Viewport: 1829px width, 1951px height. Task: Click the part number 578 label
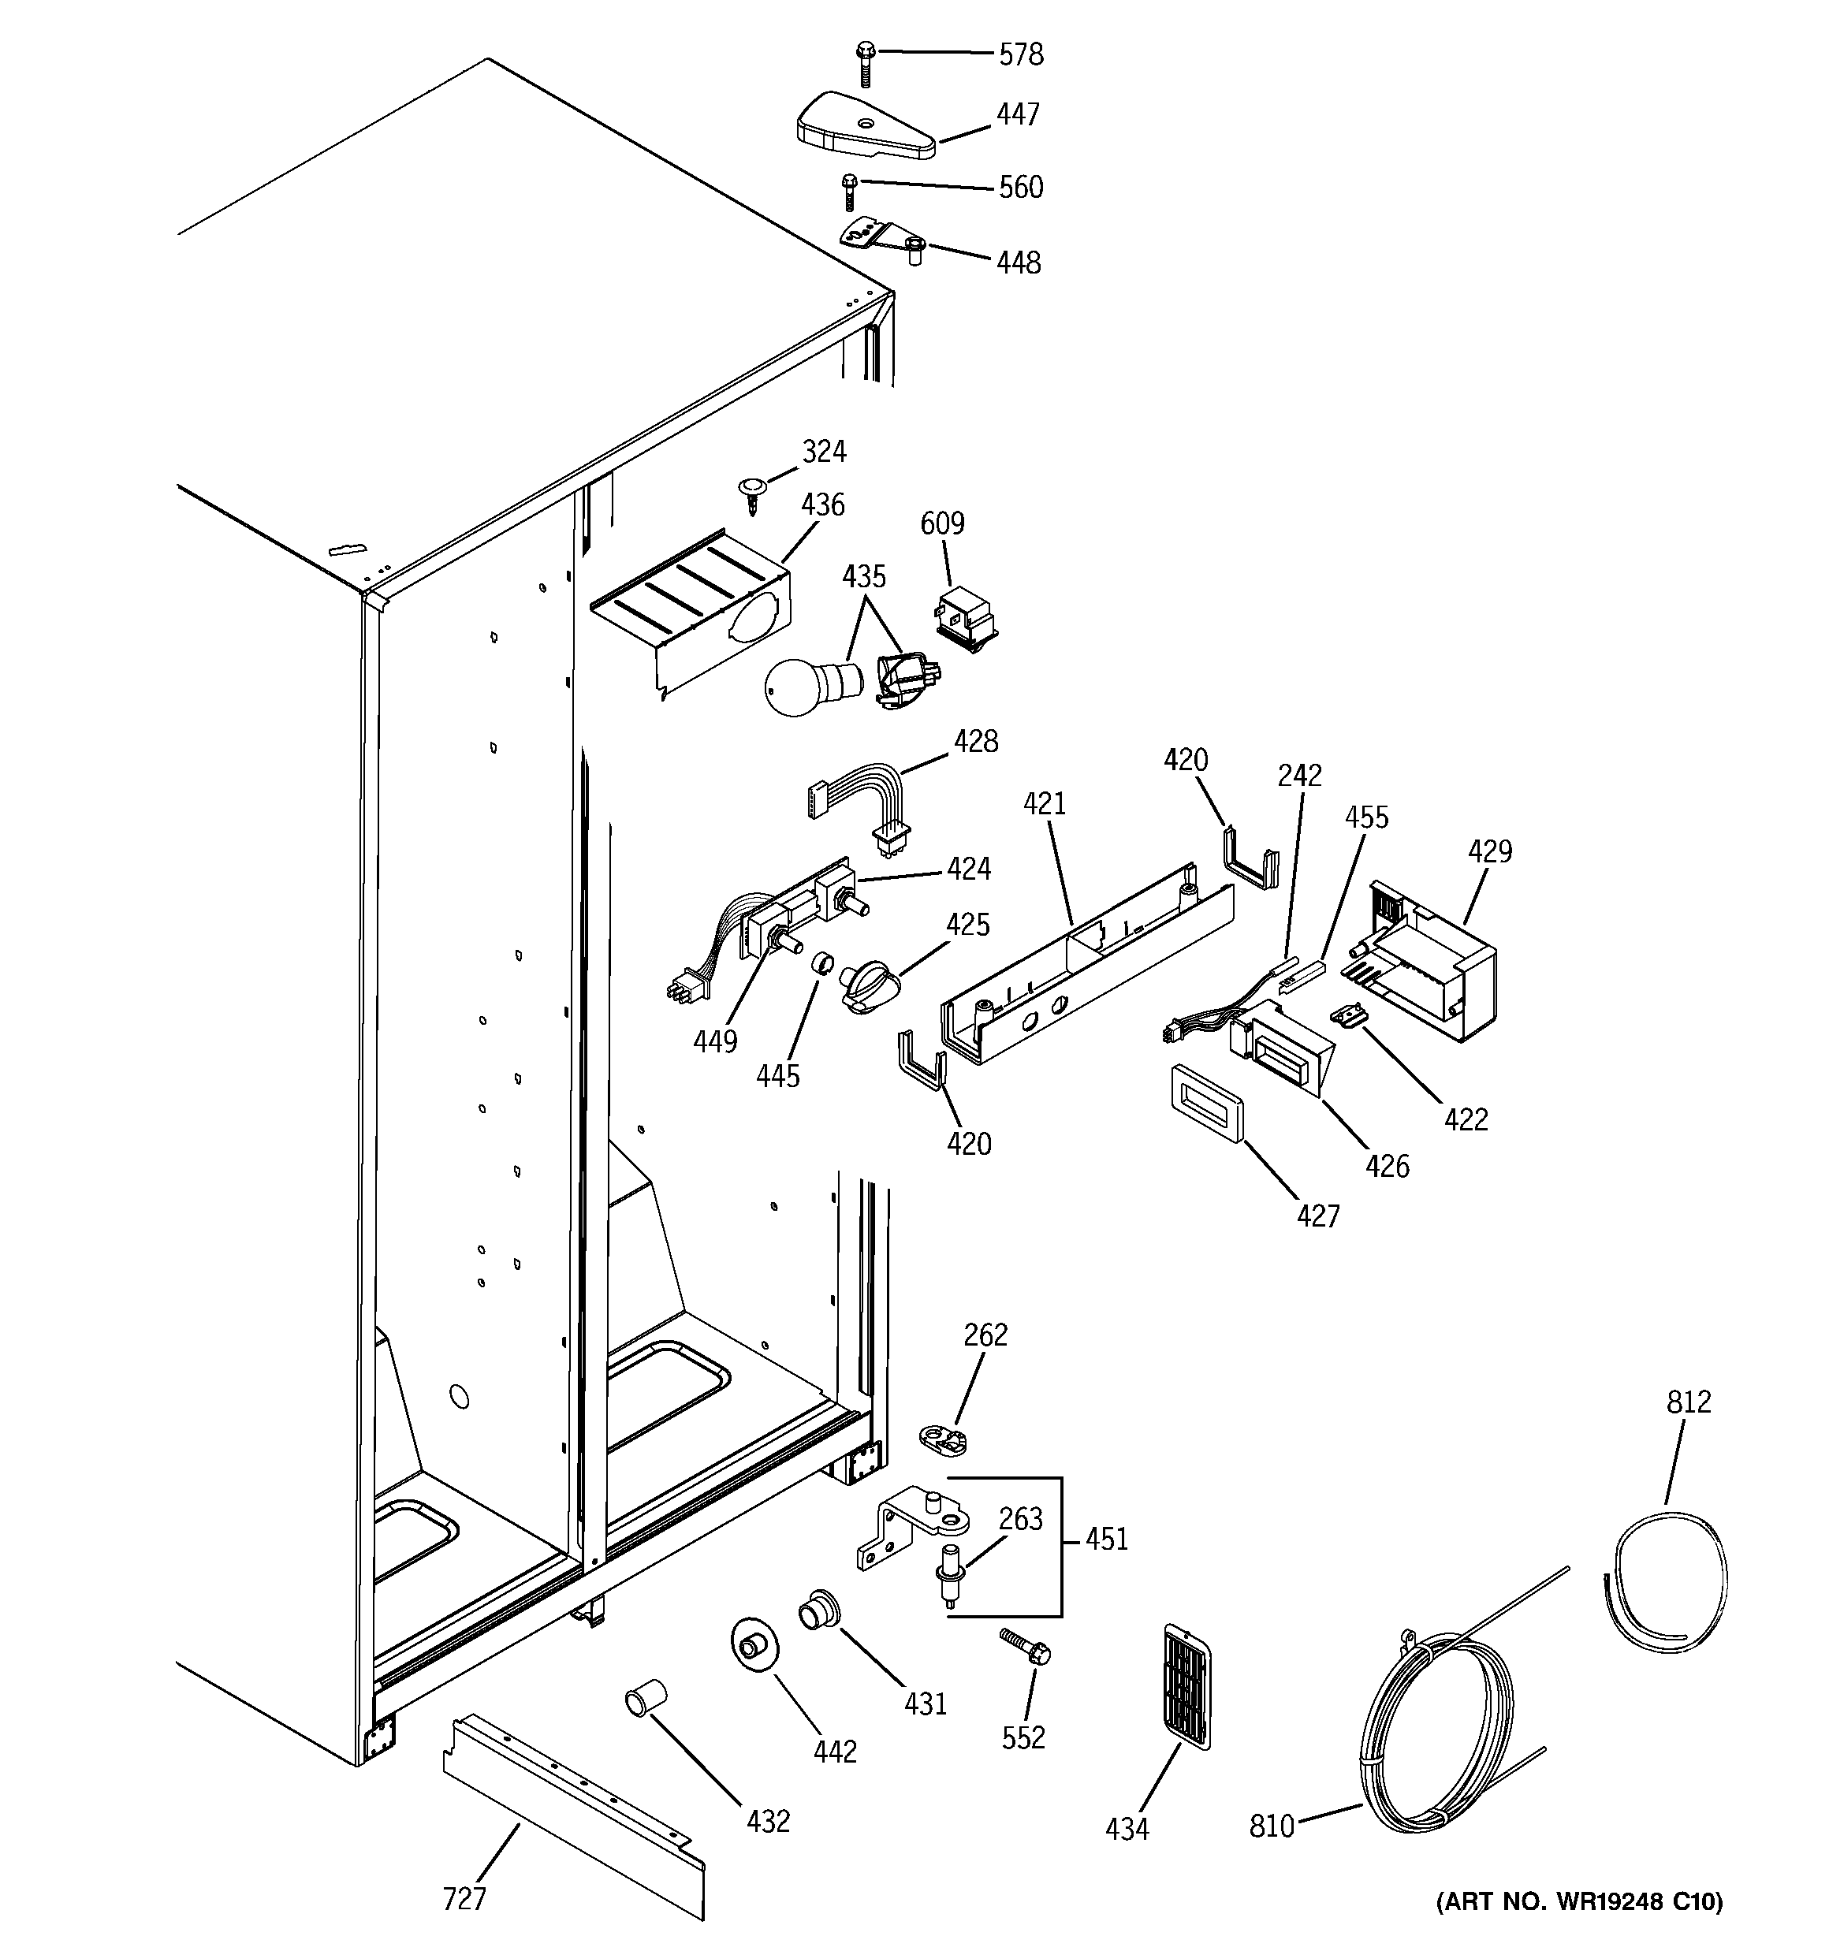[1020, 55]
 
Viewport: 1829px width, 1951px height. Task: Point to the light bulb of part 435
[801, 689]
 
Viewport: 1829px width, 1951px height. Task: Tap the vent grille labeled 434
[1185, 1687]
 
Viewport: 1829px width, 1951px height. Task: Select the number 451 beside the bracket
[1106, 1539]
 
